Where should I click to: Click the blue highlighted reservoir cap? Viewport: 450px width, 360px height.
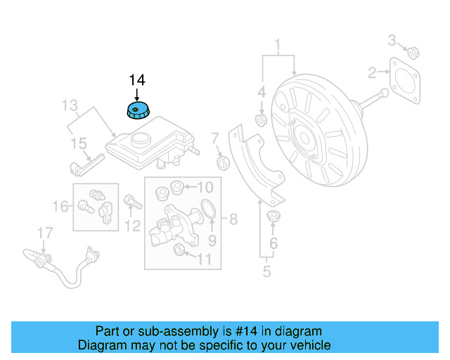(x=137, y=111)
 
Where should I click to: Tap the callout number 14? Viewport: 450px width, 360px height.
(x=137, y=80)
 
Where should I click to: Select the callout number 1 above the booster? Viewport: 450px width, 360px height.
(x=278, y=46)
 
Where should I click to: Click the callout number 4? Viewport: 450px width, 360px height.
(x=261, y=92)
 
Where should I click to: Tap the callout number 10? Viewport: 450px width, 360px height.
(x=204, y=187)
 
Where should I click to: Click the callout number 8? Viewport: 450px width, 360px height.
(x=233, y=219)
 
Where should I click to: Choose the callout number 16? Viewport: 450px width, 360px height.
(x=61, y=206)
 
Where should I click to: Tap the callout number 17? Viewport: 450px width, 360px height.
(x=44, y=233)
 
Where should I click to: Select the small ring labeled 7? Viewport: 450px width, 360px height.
(x=224, y=164)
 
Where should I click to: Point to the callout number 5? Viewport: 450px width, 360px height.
(x=266, y=271)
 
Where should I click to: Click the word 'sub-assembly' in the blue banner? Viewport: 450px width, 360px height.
(x=168, y=331)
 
